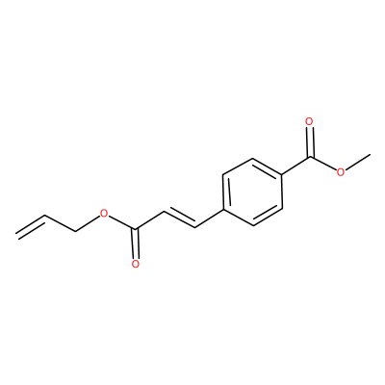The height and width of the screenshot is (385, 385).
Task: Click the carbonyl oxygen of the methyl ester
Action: [309, 121]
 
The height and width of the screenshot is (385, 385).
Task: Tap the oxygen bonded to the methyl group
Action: [341, 172]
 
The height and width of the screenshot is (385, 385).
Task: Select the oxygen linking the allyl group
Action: [103, 213]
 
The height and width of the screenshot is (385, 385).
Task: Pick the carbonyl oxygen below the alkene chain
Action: [136, 264]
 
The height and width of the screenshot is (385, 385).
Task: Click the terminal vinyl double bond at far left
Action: [31, 226]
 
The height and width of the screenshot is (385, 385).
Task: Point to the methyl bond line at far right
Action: [358, 163]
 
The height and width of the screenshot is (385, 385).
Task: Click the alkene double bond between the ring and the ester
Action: [180, 218]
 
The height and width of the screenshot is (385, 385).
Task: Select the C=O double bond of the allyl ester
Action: [137, 244]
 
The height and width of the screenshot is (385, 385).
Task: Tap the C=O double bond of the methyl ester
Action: [310, 142]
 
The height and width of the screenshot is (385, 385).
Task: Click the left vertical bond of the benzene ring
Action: [223, 192]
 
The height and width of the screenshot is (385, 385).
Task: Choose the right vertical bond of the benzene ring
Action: [282, 192]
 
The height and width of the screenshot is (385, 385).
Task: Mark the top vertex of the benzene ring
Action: [253, 158]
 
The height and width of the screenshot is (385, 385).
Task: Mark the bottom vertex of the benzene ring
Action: [253, 226]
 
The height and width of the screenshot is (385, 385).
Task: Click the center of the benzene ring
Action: [252, 192]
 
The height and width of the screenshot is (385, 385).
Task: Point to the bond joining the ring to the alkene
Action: [209, 218]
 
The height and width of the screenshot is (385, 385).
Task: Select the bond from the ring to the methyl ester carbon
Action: [295, 166]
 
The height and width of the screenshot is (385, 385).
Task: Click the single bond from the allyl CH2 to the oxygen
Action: [87, 223]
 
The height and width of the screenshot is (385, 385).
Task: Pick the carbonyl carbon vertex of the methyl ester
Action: [310, 157]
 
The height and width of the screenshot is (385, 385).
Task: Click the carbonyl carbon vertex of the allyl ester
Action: [137, 229]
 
